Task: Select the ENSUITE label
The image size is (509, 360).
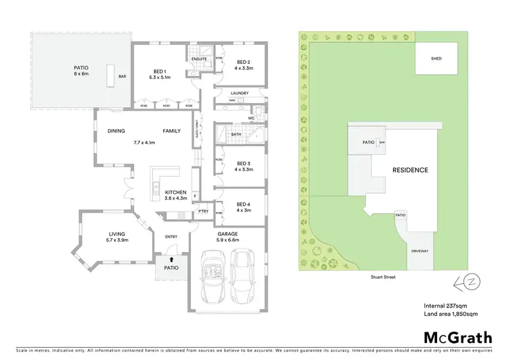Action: pyautogui.click(x=199, y=59)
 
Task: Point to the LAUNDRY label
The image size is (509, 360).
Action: pyautogui.click(x=240, y=93)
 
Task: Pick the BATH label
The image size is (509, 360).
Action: pyautogui.click(x=235, y=134)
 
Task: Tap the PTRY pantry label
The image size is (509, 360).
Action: pyautogui.click(x=203, y=212)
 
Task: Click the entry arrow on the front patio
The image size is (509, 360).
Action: pyautogui.click(x=171, y=259)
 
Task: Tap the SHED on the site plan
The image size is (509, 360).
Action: pyautogui.click(x=436, y=58)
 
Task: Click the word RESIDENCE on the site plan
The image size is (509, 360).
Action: pyautogui.click(x=409, y=170)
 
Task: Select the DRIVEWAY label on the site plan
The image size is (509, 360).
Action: pyautogui.click(x=419, y=251)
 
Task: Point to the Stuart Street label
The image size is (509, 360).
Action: pyautogui.click(x=383, y=277)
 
